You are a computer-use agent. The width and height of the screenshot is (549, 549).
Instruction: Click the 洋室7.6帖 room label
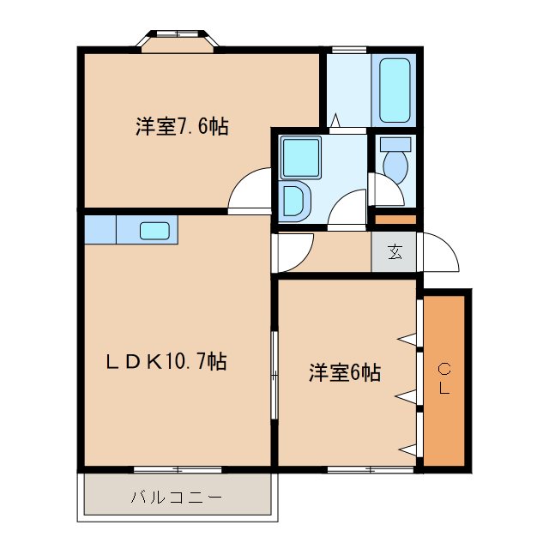181,127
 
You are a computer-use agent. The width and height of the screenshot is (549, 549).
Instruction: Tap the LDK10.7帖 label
166,363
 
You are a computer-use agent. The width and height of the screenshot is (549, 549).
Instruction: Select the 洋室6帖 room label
346,373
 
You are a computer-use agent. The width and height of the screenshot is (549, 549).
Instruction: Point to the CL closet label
444,380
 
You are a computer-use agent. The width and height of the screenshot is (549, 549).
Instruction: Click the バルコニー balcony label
177,497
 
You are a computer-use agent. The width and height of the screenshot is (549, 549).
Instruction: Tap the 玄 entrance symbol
395,252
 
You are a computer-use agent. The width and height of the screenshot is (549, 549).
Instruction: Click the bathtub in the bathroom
394,89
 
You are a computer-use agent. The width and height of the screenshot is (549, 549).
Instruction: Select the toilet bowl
395,160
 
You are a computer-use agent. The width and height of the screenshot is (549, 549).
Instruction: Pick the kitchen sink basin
154,230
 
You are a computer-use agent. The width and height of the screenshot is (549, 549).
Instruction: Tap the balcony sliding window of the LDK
178,469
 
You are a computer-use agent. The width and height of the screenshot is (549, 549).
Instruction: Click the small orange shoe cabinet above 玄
395,220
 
